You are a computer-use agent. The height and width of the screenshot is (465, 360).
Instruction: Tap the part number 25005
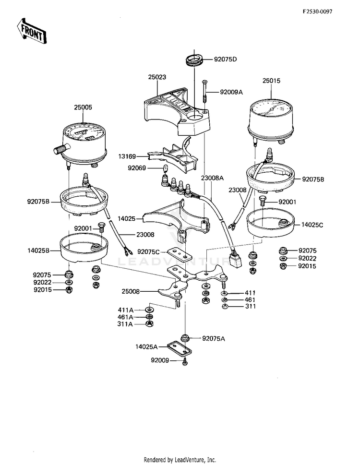pos(83,107)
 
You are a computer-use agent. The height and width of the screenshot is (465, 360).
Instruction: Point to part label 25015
pos(271,81)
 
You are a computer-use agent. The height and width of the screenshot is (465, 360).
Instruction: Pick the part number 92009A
pos(232,92)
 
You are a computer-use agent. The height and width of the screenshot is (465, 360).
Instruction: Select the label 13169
pos(128,156)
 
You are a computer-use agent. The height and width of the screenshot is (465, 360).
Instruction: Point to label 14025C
pos(312,224)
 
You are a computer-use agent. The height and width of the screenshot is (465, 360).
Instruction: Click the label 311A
pos(125,324)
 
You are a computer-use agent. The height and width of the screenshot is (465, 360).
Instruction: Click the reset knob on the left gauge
pos(59,150)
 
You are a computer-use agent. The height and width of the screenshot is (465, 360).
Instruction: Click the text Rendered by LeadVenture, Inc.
pos(180,460)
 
